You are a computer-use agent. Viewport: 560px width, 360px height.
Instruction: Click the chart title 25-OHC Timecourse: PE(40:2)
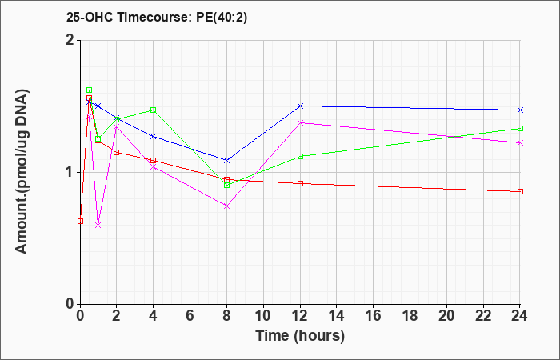pyautogui.click(x=157, y=18)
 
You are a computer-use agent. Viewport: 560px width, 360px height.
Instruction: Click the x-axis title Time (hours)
pyautogui.click(x=300, y=336)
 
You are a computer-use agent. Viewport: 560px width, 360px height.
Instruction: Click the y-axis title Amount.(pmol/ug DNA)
pyautogui.click(x=22, y=172)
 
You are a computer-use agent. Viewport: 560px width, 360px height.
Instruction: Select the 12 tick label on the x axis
pyautogui.click(x=300, y=316)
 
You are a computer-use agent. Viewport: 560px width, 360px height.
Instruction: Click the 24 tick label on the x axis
pyautogui.click(x=519, y=316)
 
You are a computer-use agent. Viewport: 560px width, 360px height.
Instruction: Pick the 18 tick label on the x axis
pyautogui.click(x=410, y=316)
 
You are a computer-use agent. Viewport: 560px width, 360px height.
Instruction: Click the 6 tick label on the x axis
pyautogui.click(x=190, y=316)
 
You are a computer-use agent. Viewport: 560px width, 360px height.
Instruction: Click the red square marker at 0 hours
pyautogui.click(x=80, y=221)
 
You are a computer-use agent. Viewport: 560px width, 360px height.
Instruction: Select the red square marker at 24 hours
pyautogui.click(x=520, y=191)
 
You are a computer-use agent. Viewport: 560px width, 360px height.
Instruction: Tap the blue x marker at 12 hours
pyautogui.click(x=300, y=106)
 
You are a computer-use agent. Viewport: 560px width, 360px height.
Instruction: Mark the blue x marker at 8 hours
pyautogui.click(x=226, y=160)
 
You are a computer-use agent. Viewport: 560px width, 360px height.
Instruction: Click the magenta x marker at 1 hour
pyautogui.click(x=98, y=225)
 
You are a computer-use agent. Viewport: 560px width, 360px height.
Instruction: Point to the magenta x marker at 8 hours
pyautogui.click(x=226, y=206)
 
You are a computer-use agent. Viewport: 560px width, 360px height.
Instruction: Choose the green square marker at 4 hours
pyautogui.click(x=154, y=110)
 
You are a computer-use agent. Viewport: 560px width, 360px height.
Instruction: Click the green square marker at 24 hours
pyautogui.click(x=520, y=128)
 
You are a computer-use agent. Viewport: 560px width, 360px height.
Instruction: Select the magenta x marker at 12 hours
pyautogui.click(x=300, y=122)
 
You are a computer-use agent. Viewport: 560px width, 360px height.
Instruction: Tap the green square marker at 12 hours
pyautogui.click(x=300, y=156)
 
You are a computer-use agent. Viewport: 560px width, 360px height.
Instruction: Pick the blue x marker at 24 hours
pyautogui.click(x=520, y=110)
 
